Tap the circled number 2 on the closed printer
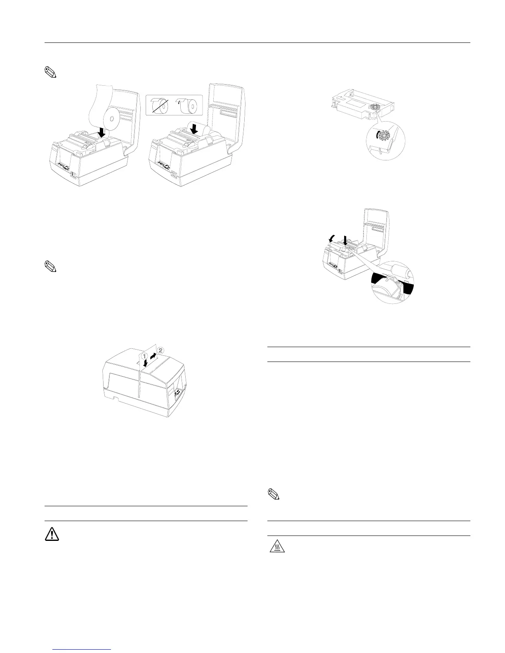(160, 350)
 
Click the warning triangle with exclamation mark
(52, 534)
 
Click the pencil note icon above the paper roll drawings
(50, 73)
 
